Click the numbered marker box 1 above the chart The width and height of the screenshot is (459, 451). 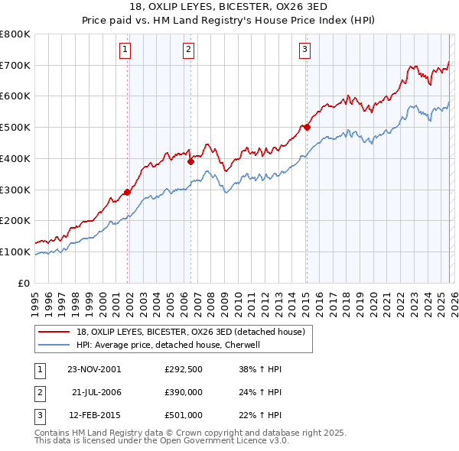pos(125,50)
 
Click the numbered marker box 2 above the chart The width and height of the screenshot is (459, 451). pos(187,50)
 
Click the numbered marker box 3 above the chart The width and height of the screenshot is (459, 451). pos(304,50)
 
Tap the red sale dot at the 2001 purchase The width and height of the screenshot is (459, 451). pos(128,192)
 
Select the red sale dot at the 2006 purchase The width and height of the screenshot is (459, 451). pos(190,161)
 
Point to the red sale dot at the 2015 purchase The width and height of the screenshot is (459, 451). pos(306,127)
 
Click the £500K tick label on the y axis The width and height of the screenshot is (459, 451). pos(15,128)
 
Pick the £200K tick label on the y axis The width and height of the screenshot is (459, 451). pos(15,221)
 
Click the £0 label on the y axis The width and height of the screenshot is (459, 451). pos(24,283)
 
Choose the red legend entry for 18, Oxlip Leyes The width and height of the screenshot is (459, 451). pos(190,332)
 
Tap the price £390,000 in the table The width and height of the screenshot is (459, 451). pos(183,391)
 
